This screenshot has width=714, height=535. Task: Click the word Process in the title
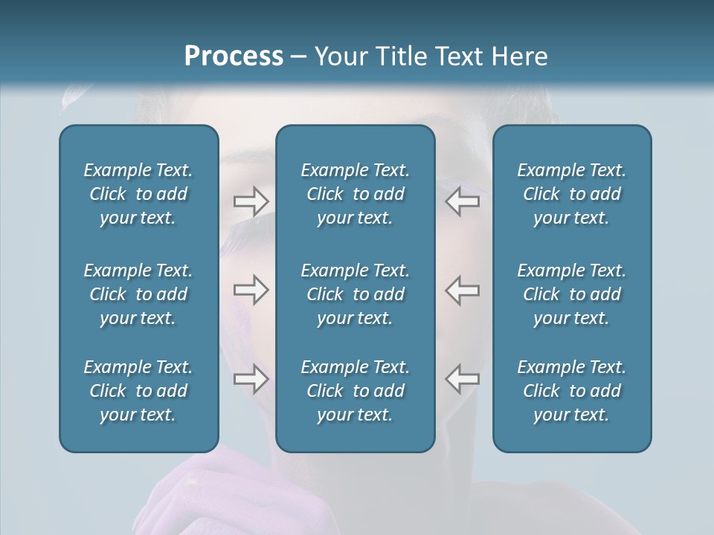(234, 56)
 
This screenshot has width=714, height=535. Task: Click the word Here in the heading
(518, 56)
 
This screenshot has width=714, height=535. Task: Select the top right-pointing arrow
(251, 201)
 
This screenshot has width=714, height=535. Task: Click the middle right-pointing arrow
(251, 290)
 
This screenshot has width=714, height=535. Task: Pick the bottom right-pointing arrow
(251, 379)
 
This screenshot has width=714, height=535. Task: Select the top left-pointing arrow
(463, 201)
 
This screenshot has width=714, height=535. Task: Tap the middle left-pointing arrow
(463, 290)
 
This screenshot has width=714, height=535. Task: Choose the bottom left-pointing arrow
(463, 379)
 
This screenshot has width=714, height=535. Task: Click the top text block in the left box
(138, 194)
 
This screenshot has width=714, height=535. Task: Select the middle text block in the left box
(138, 294)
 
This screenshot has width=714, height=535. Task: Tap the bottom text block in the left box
(138, 391)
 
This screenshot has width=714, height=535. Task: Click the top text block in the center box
(356, 194)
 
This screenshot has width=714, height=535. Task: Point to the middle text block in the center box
(356, 294)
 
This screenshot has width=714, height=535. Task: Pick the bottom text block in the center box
(356, 391)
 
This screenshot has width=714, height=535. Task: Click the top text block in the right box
(572, 194)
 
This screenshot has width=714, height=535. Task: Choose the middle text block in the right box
(572, 294)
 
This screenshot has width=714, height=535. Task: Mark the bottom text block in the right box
(572, 391)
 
